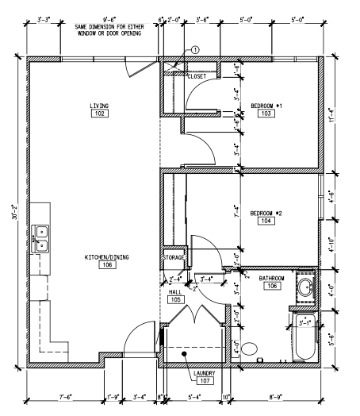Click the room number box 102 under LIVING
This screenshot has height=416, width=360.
tap(99, 114)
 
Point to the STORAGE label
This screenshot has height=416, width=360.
tap(174, 258)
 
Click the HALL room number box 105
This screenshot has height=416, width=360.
tap(176, 299)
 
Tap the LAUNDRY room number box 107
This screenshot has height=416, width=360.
tap(205, 380)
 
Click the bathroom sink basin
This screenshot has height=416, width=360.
tap(304, 289)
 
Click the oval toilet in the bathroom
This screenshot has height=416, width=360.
tap(250, 347)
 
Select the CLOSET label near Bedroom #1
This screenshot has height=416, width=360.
tap(196, 76)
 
